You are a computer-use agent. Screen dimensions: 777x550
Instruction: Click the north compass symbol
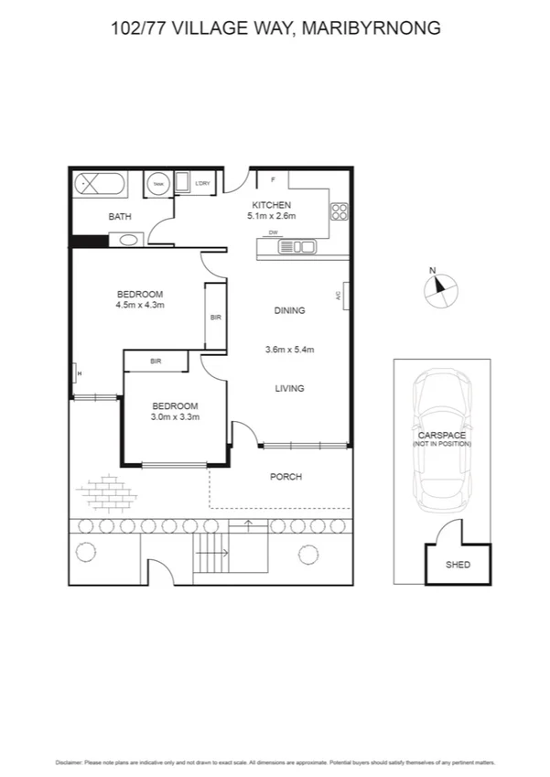[438, 290]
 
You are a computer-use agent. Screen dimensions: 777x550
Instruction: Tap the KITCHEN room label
[272, 205]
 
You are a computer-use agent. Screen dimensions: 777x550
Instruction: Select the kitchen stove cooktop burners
[339, 212]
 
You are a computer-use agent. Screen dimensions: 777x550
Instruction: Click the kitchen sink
[297, 246]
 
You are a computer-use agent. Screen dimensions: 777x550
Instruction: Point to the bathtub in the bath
[101, 183]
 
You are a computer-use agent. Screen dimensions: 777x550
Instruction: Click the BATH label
[120, 217]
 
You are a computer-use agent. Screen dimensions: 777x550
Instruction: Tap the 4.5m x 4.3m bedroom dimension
[139, 305]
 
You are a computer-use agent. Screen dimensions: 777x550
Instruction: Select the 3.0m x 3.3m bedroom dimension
[175, 416]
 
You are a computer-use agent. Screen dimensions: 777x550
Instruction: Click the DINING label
[289, 311]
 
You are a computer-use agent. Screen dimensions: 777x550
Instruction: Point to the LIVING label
[289, 389]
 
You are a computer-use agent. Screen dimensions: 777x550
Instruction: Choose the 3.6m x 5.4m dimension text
[289, 350]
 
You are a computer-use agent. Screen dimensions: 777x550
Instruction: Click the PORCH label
[286, 477]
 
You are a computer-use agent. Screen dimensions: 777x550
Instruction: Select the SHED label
[458, 565]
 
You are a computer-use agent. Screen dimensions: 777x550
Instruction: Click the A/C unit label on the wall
[339, 296]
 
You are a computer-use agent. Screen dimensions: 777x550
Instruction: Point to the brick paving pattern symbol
[102, 492]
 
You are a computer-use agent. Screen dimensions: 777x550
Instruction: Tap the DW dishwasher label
[273, 234]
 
